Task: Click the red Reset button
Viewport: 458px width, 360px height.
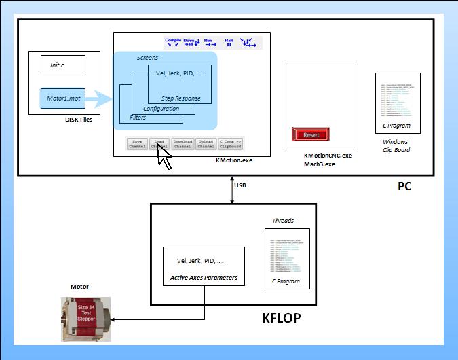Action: point(310,134)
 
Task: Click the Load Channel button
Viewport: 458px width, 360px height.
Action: point(159,143)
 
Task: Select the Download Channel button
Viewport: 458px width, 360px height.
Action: point(183,143)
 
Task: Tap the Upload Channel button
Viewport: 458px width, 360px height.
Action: point(206,143)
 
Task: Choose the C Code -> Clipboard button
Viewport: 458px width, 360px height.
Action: point(230,143)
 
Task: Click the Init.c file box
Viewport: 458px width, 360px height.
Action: point(62,65)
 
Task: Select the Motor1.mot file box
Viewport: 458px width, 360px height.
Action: point(62,99)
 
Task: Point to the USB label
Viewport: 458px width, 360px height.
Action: point(240,185)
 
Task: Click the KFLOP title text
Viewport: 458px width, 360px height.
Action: point(281,317)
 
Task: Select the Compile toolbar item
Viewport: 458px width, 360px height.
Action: point(174,41)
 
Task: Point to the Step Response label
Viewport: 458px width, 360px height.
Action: point(180,98)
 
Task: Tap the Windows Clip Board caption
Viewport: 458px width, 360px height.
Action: point(396,145)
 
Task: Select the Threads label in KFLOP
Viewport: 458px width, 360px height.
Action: point(283,221)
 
